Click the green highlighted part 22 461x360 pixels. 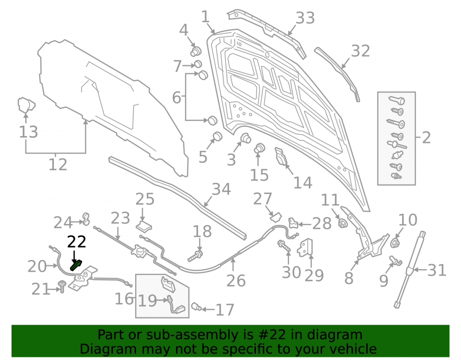coord(76,265)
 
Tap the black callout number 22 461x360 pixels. coord(77,242)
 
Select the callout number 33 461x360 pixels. coord(305,18)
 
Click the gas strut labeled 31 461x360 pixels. coord(409,269)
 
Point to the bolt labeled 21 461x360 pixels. coord(62,286)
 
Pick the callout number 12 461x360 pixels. coord(58,165)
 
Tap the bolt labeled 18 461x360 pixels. coord(195,256)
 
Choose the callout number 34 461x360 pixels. coord(221,189)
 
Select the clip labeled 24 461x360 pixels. coord(86,219)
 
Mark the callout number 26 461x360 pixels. coord(236,281)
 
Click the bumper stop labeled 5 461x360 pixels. coord(218,136)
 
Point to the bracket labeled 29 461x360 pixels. coord(305,248)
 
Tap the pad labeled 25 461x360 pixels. coord(144,226)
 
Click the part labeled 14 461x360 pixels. coord(281,156)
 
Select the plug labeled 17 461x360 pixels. coord(196,307)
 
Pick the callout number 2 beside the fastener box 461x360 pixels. coord(426,137)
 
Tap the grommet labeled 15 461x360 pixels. coord(260,148)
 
